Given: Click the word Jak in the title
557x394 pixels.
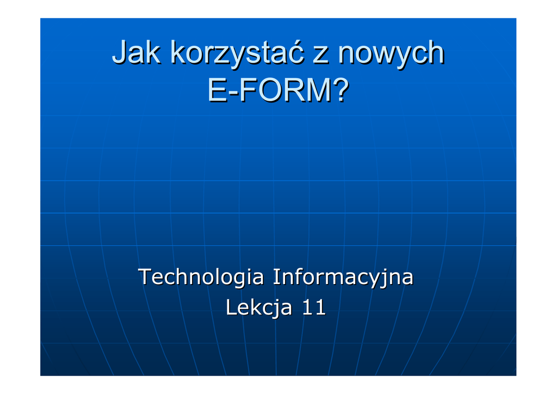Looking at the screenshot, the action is tap(136, 52).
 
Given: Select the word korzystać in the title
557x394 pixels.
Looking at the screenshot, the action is tap(237, 54).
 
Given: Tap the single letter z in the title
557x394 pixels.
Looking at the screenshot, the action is tap(320, 56).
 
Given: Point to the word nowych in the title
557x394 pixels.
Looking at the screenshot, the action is tap(391, 54).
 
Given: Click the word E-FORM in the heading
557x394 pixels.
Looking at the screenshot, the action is tap(270, 90).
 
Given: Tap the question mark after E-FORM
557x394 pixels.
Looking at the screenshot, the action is tap(341, 90).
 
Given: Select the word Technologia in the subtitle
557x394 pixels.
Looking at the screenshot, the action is tap(201, 278).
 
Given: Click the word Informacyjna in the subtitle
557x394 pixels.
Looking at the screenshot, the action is tap(343, 278).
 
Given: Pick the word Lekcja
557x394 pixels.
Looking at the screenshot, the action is tap(258, 307).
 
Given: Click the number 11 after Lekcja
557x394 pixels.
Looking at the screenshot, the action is tap(314, 307).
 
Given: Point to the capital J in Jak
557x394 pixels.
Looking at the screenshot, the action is tap(120, 52).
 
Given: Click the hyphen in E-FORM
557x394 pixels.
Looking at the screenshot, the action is tap(233, 93).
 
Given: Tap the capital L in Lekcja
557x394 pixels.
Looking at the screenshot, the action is tap(232, 307).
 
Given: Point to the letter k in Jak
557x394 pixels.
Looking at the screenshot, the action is tap(153, 52).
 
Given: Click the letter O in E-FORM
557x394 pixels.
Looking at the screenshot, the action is tap(269, 90).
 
